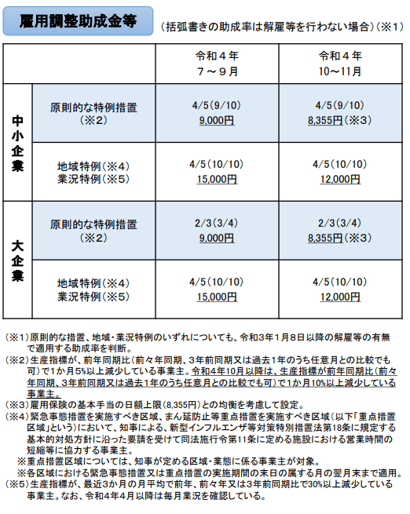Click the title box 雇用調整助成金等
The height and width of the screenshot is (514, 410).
(x=76, y=23)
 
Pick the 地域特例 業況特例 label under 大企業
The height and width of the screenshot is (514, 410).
(x=92, y=290)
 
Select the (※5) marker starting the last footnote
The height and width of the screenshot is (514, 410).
(x=16, y=486)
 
